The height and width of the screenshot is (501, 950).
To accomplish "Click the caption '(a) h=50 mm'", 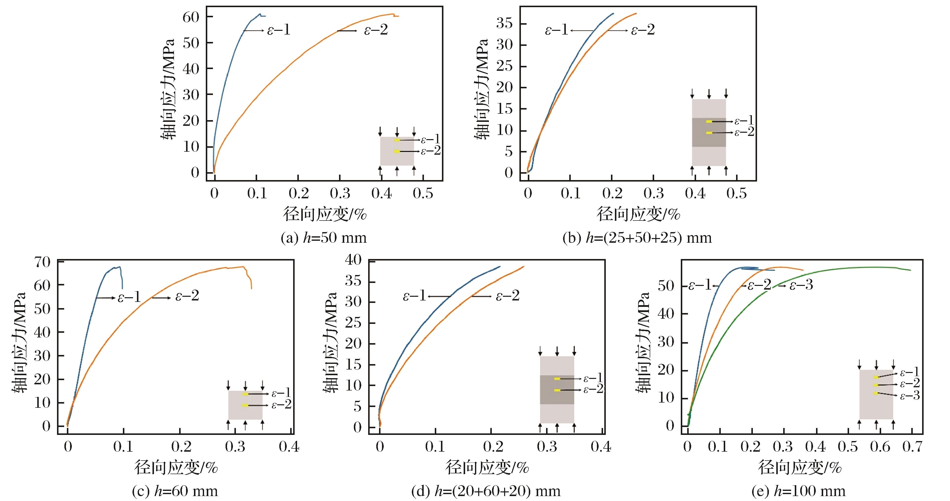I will pos(323,238).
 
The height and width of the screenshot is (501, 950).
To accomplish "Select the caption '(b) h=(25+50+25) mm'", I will pos(637,238).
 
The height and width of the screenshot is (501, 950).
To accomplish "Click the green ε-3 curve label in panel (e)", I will pos(801,285).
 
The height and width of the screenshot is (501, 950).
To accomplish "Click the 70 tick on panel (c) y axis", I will pos(42,262).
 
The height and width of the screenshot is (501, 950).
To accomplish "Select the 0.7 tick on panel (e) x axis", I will pos(912,446).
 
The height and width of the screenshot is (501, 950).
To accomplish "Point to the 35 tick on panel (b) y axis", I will pos(505,24).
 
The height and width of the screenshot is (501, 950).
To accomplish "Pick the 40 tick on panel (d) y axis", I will pos(353,260).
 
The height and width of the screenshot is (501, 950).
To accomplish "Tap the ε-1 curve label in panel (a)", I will pos(278,30).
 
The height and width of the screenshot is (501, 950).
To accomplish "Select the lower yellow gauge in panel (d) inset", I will pos(557,390).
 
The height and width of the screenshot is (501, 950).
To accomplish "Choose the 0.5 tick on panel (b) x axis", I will pos(737,193).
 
